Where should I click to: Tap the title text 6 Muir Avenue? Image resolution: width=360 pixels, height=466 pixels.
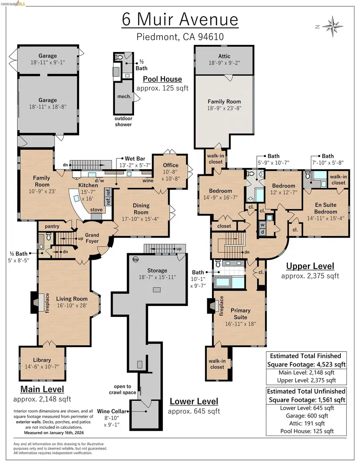(x=180, y=20)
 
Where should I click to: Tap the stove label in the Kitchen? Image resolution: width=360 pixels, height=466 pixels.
(x=96, y=210)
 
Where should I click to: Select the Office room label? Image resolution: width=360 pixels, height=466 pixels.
(x=171, y=165)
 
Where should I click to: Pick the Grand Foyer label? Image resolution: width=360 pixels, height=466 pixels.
(x=92, y=238)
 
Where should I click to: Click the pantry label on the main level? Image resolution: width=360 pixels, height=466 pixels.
(x=52, y=226)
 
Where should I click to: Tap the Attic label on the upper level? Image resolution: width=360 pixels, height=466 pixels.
(x=224, y=56)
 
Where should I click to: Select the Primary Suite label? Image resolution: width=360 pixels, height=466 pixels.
(x=241, y=314)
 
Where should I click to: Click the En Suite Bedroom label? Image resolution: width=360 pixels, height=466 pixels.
(x=325, y=208)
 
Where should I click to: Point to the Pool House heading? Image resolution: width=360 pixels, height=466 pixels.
(x=162, y=79)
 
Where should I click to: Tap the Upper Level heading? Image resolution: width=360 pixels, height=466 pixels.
(x=310, y=266)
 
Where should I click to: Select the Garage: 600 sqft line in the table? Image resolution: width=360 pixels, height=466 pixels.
(x=306, y=416)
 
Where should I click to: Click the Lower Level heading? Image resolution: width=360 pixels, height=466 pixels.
(x=194, y=401)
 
